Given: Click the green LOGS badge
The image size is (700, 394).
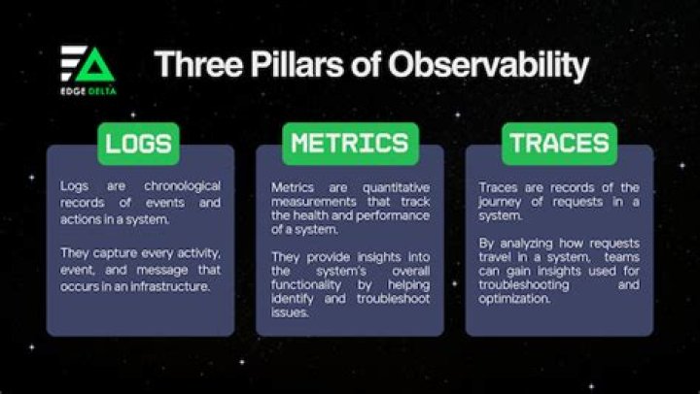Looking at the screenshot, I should (x=138, y=144).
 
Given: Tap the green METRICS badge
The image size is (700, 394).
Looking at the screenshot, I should (x=349, y=144).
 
